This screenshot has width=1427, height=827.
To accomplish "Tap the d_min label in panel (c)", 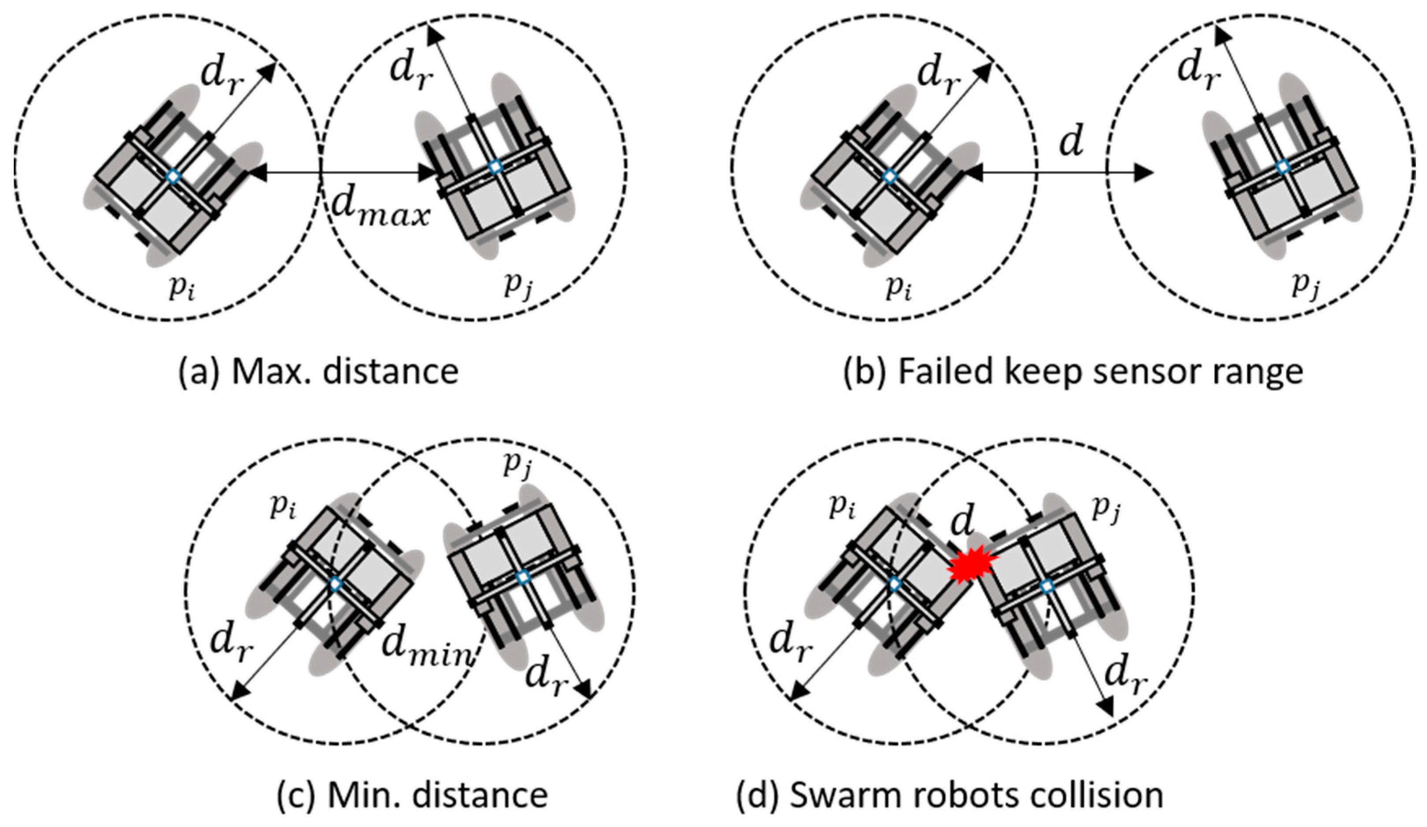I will (426, 647).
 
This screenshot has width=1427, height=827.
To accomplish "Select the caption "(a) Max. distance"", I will (318, 372).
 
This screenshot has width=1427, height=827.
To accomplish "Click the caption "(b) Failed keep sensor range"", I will (1073, 372).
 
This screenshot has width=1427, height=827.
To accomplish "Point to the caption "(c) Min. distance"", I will (412, 795).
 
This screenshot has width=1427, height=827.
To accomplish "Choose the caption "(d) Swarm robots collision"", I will (950, 795).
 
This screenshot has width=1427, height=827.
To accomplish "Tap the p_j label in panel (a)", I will (518, 286).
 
